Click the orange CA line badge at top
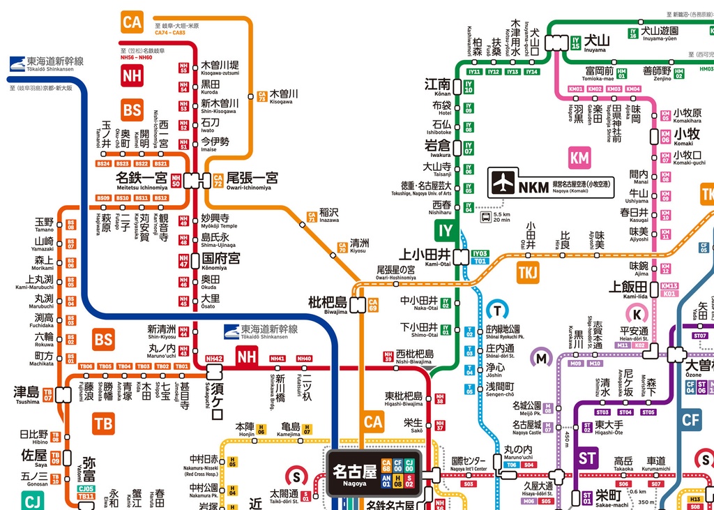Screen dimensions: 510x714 (x=132, y=22)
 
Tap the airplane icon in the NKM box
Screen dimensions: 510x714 (x=503, y=183)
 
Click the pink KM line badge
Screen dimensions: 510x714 (x=579, y=158)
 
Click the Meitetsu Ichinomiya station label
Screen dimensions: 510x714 (x=142, y=180)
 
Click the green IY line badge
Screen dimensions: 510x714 (x=445, y=230)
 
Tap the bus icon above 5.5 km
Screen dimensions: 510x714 (x=485, y=216)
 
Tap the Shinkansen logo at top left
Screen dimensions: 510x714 (x=18, y=64)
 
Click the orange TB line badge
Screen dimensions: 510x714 (x=103, y=423)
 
